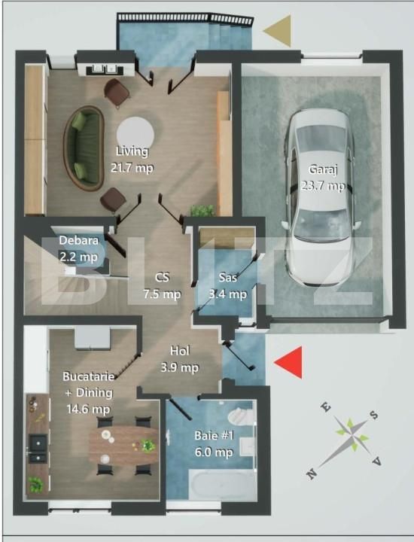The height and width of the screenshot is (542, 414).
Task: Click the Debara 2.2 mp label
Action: pyautogui.click(x=78, y=248)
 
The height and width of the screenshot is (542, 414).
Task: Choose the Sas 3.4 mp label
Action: pyautogui.click(x=227, y=285)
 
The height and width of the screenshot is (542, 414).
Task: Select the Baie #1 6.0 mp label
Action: pyautogui.click(x=212, y=443)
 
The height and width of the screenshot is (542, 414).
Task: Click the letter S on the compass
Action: pyautogui.click(x=374, y=415)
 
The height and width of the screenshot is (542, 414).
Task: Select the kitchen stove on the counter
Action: pyautogui.click(x=35, y=446)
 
